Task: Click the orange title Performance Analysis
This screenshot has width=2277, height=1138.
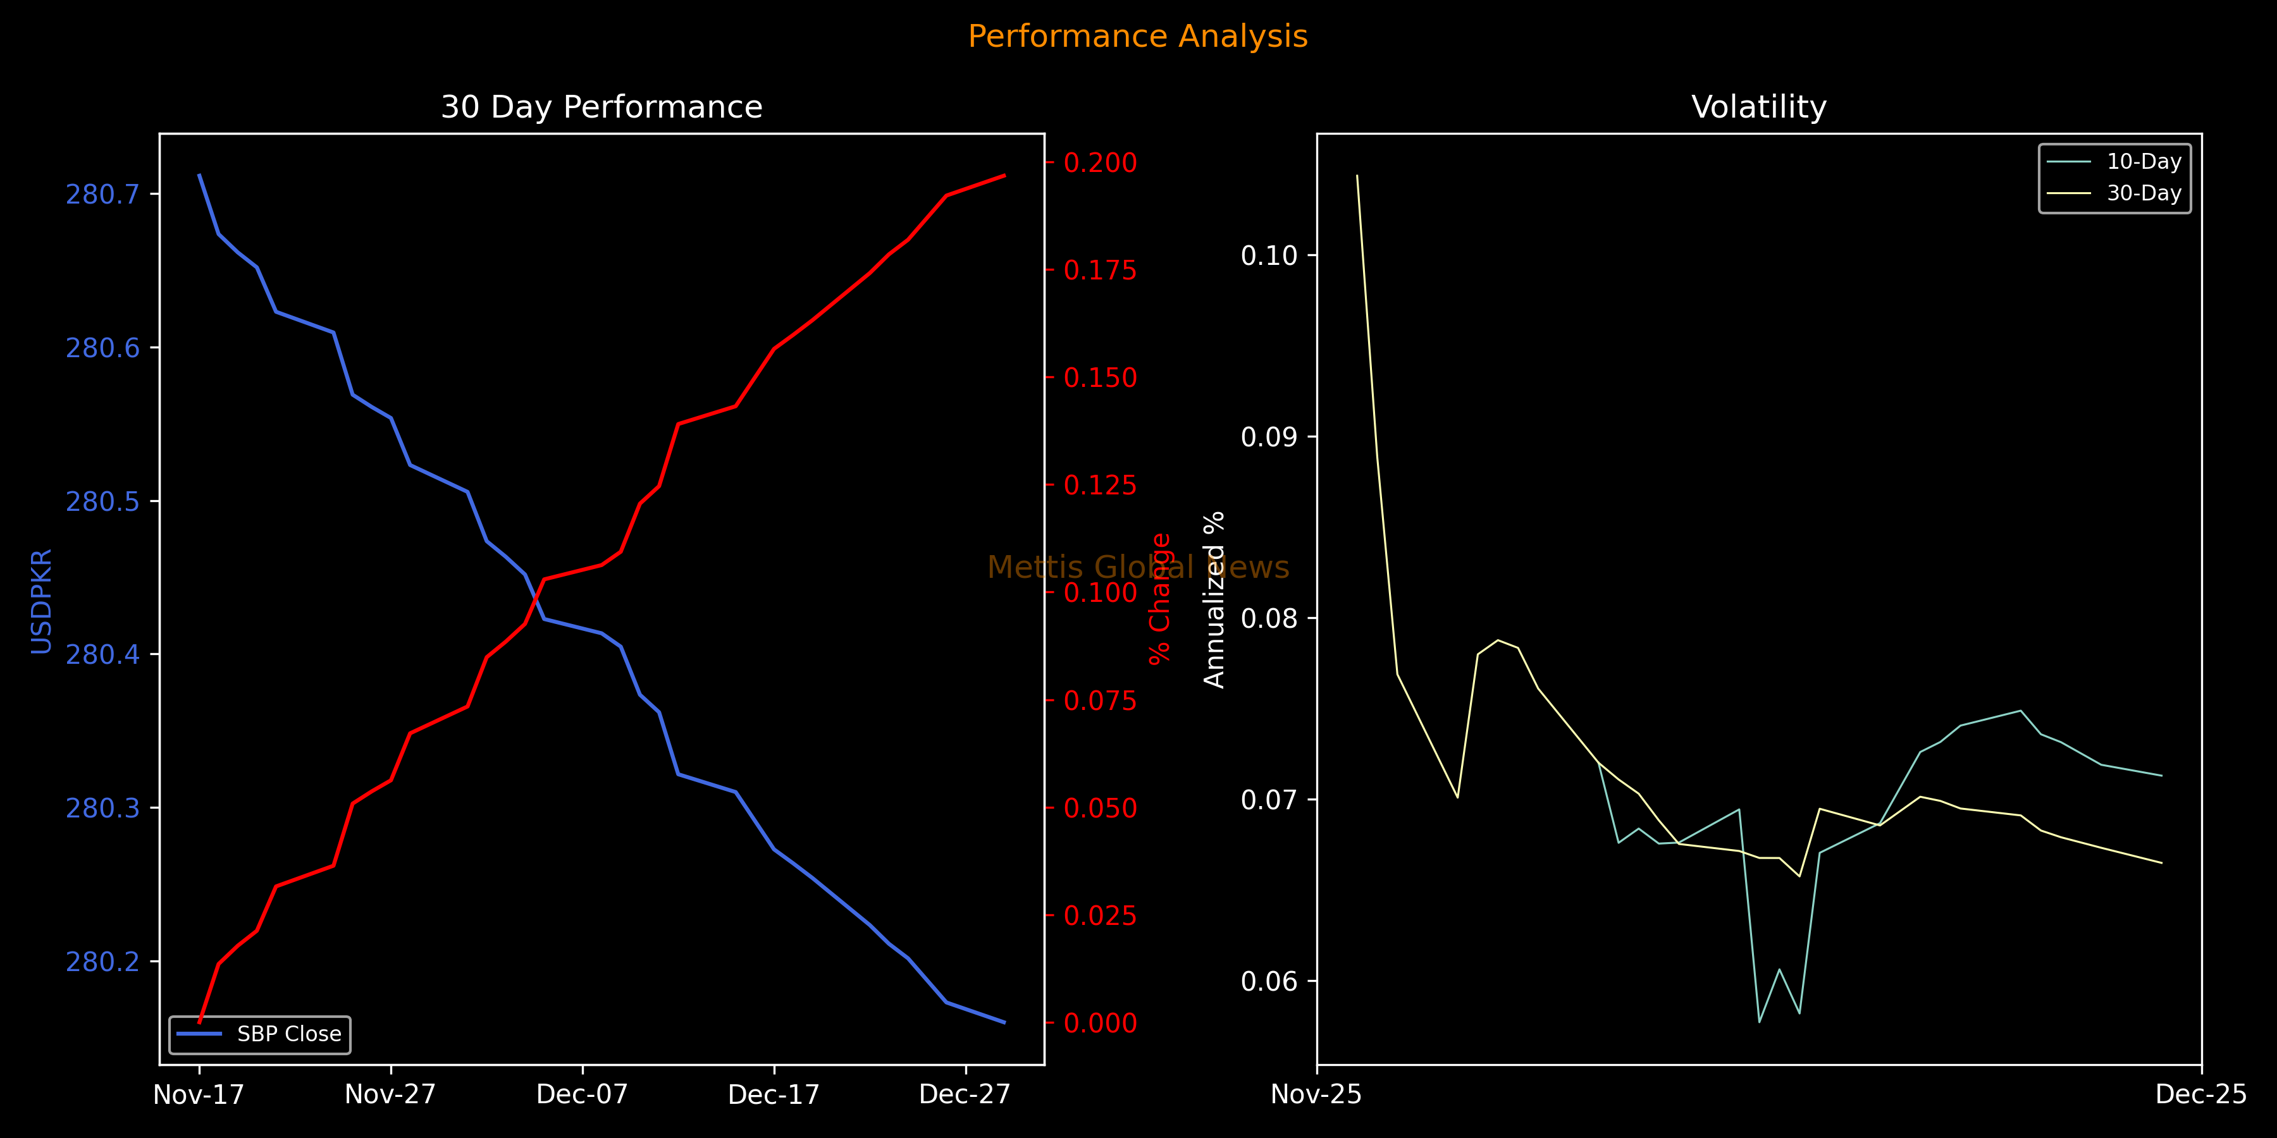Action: click(x=1138, y=36)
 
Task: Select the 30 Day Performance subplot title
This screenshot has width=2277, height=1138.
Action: click(x=601, y=107)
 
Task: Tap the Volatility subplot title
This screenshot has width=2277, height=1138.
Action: click(x=1758, y=107)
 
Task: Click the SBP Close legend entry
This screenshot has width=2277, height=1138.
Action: click(x=288, y=1034)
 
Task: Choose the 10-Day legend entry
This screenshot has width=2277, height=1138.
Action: click(x=2144, y=162)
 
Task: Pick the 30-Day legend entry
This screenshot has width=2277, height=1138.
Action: click(x=2144, y=193)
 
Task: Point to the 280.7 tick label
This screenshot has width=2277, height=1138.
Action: click(x=102, y=194)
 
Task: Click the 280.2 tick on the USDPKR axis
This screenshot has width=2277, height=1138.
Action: click(x=102, y=961)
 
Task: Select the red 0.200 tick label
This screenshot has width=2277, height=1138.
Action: click(x=1100, y=162)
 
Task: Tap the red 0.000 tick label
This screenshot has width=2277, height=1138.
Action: click(x=1100, y=1023)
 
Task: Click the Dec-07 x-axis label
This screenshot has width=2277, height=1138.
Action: click(x=582, y=1095)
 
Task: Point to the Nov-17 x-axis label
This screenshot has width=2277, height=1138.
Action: click(x=198, y=1095)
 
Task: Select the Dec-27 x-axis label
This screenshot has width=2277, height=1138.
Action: click(x=965, y=1095)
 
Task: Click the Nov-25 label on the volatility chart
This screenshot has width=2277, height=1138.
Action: click(x=1316, y=1095)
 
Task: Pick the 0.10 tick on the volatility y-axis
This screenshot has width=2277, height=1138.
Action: click(x=1268, y=255)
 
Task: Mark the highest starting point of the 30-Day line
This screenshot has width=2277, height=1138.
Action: click(x=1357, y=176)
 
